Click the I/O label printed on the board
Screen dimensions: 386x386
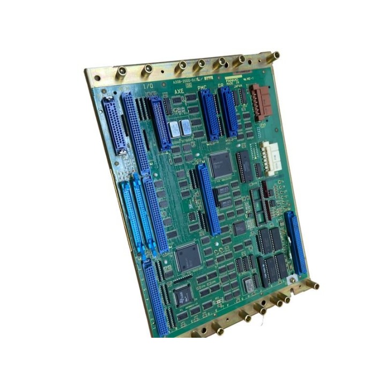pyautogui.click(x=148, y=86)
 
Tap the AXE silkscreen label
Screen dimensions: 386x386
pyautogui.click(x=179, y=92)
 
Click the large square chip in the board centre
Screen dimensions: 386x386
pyautogui.click(x=219, y=165)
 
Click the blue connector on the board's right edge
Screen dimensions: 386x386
pyautogui.click(x=295, y=244)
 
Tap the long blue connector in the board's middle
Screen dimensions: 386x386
pyautogui.click(x=208, y=199)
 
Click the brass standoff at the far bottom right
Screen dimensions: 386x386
pyautogui.click(x=314, y=286)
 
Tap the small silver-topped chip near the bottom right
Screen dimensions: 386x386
pyautogui.click(x=248, y=285)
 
